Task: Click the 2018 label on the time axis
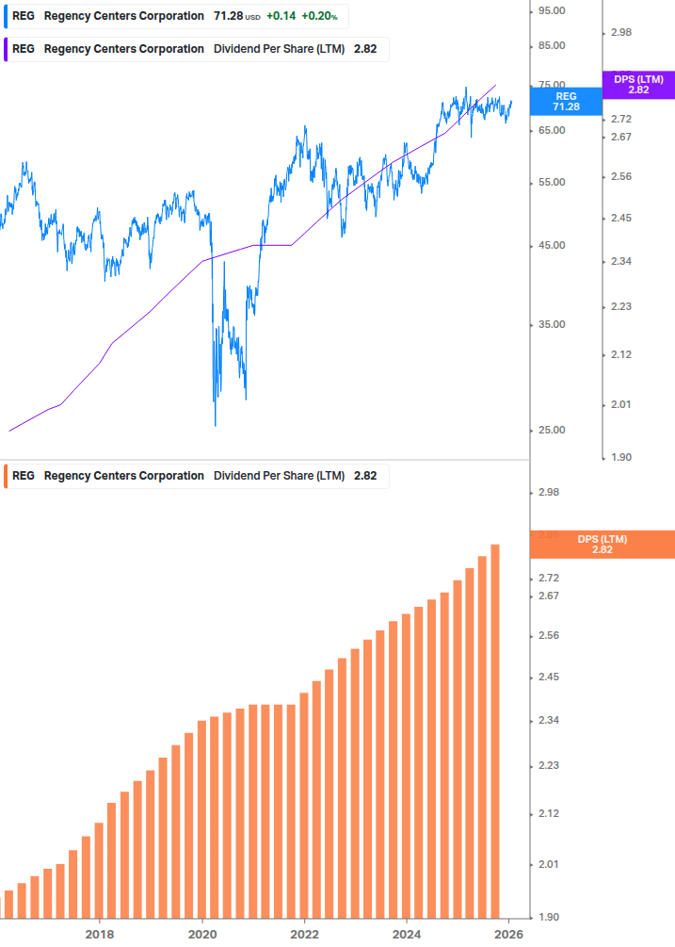pos(100,934)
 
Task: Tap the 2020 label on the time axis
pos(202,934)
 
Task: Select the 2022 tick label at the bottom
pos(304,934)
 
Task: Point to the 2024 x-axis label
pos(407,934)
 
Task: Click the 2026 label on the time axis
pos(508,934)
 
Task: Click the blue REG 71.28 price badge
pos(566,102)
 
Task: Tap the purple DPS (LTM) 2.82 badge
pos(638,85)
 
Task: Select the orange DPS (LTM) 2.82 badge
pos(603,545)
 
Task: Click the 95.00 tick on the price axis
pos(550,10)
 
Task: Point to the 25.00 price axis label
pos(550,431)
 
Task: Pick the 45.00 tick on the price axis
pos(550,246)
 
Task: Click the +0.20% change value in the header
pos(319,16)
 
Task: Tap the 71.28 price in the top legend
pos(228,16)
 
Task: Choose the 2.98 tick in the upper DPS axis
pos(620,33)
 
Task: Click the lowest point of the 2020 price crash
pos(215,424)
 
